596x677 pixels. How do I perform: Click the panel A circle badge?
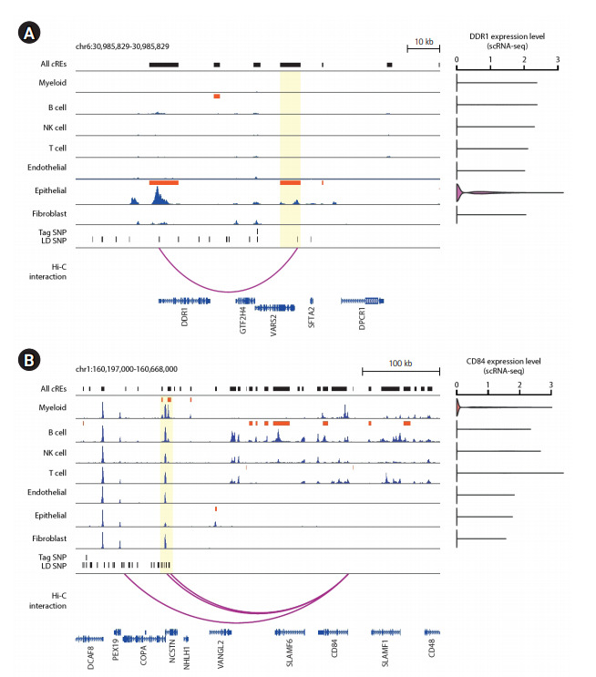click(29, 34)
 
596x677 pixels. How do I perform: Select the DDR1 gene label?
click(185, 321)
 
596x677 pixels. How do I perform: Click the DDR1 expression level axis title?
click(508, 35)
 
